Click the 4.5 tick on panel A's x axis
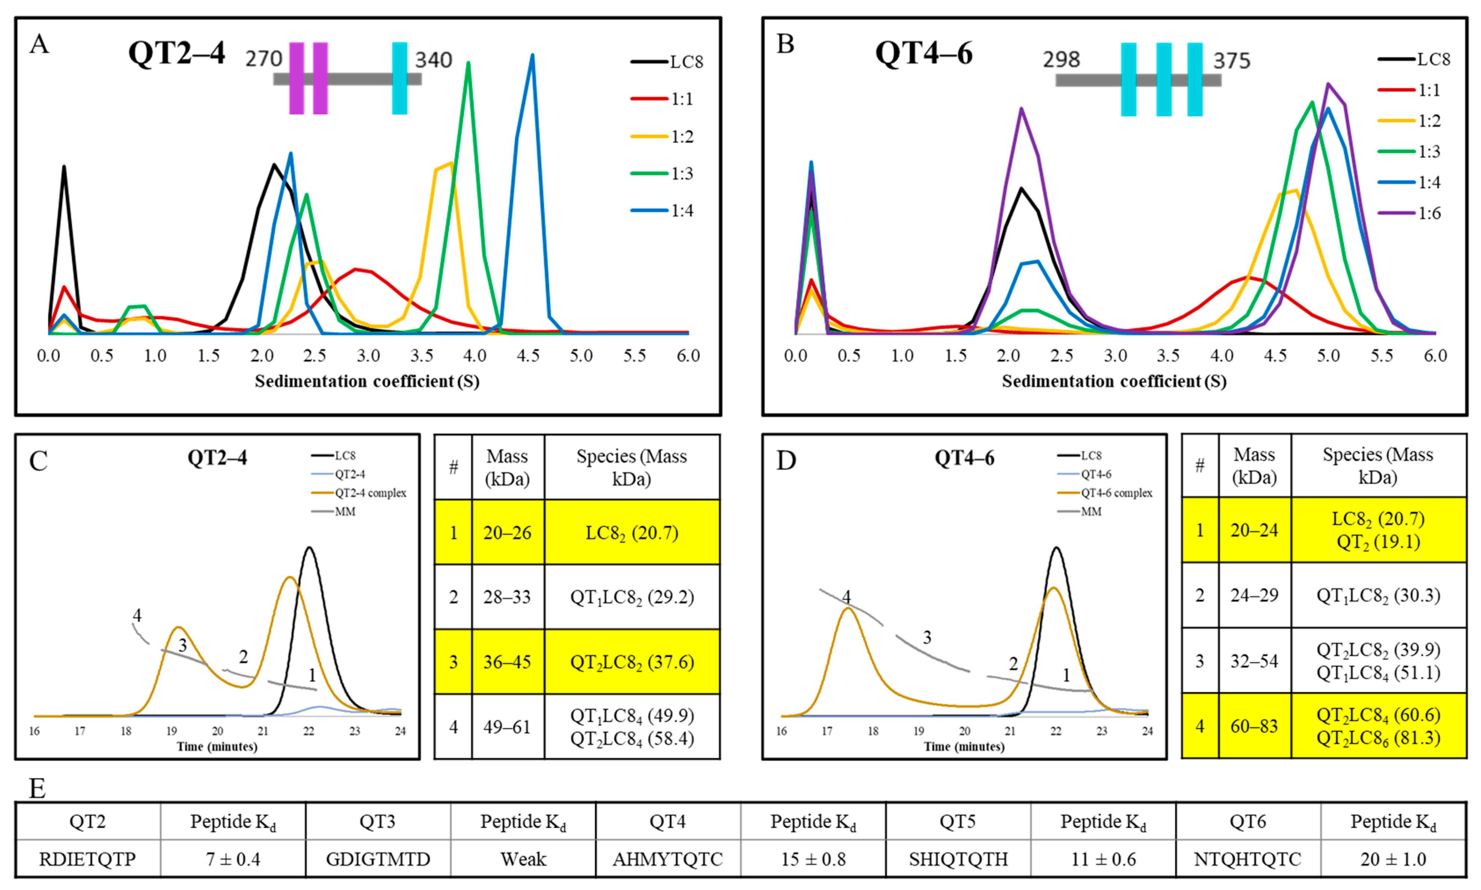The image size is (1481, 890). (x=528, y=356)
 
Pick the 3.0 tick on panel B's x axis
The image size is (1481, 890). (x=1115, y=356)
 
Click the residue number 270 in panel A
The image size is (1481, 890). (x=263, y=59)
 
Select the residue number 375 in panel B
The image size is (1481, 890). (x=1231, y=61)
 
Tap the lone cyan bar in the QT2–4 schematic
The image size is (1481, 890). (x=400, y=78)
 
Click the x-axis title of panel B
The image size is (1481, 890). (x=1114, y=382)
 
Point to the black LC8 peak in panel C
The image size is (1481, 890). (x=309, y=548)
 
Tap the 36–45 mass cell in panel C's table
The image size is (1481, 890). (x=507, y=662)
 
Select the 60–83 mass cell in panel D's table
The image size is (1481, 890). (x=1254, y=726)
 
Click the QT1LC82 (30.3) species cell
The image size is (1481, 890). (x=1378, y=596)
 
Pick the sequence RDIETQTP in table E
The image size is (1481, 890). (x=88, y=859)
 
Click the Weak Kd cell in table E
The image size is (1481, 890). (x=523, y=859)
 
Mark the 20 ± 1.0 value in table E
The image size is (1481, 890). (x=1393, y=859)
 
